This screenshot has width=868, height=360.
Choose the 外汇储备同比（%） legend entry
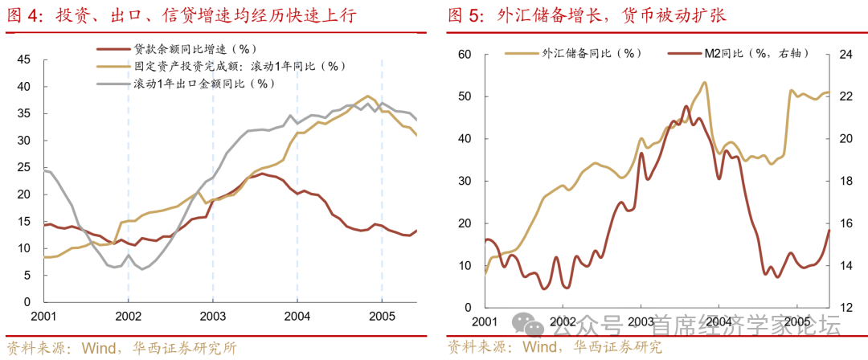click(x=592, y=53)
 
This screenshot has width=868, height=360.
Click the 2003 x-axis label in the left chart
click(x=212, y=317)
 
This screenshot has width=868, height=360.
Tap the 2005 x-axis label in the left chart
click(x=381, y=317)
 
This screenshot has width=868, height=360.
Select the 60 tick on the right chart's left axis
click(x=463, y=54)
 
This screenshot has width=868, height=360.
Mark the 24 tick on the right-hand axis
click(x=845, y=54)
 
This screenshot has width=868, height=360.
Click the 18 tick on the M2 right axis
click(x=845, y=181)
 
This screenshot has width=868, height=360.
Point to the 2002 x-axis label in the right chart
click(x=563, y=323)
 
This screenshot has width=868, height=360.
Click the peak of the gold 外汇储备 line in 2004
click(x=704, y=82)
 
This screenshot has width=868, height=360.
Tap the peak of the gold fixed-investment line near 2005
click(x=366, y=96)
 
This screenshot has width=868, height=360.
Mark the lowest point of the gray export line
click(x=142, y=269)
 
